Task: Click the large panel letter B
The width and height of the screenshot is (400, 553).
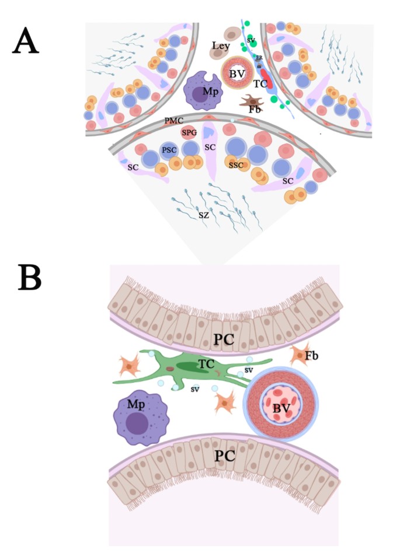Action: click(29, 278)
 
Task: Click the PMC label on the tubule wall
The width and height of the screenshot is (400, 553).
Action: click(175, 121)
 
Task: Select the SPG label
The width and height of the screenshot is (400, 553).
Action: click(188, 133)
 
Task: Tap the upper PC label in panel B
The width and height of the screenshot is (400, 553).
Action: click(224, 339)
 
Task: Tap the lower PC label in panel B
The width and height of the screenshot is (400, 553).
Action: click(224, 457)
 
